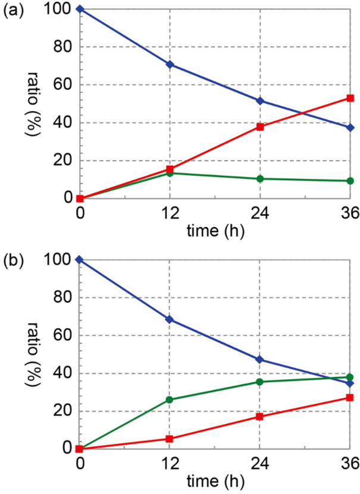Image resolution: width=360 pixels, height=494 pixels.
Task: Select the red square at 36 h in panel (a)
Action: coord(350,98)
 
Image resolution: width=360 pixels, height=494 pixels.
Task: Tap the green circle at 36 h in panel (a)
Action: coord(350,181)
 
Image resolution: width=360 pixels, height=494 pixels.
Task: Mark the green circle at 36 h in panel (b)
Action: coord(350,377)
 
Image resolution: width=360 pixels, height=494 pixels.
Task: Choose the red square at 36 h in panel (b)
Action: coord(350,398)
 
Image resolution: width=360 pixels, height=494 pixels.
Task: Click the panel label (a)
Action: coord(13,10)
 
